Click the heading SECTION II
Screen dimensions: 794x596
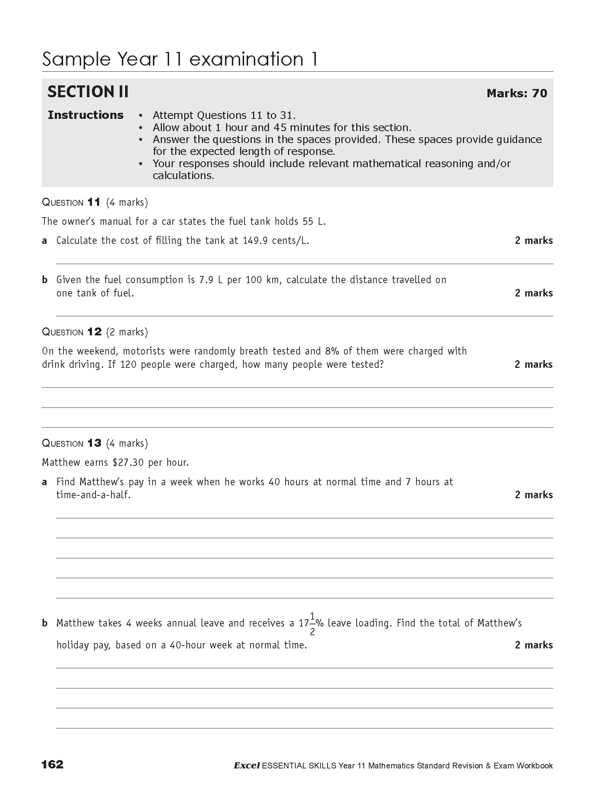(x=88, y=92)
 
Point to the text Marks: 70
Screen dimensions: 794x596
(x=517, y=93)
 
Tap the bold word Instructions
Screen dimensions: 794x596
(x=85, y=115)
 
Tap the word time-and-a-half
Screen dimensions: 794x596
(x=93, y=495)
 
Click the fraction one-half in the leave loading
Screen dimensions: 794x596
(x=312, y=623)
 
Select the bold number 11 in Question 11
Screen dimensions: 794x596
(x=94, y=202)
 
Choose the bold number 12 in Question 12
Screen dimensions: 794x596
(x=94, y=332)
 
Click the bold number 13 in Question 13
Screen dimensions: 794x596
(x=94, y=443)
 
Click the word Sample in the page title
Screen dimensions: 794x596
(x=76, y=59)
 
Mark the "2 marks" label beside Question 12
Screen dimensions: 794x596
(x=533, y=365)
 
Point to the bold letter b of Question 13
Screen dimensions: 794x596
(x=45, y=623)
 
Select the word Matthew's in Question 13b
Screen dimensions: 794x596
(x=499, y=623)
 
